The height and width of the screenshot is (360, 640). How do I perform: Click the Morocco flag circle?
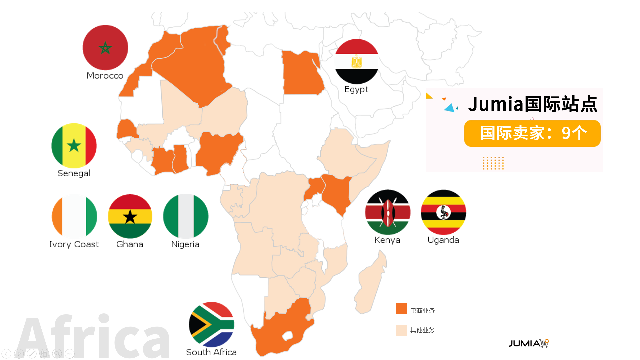pos(105,47)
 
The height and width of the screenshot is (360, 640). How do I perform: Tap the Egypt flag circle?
pos(357,61)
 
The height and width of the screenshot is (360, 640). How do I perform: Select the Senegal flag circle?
pos(74,146)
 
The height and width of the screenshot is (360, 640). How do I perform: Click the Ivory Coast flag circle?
pos(74,216)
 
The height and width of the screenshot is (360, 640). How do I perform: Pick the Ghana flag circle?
pos(130,216)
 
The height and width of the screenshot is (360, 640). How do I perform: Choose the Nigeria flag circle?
pos(186,216)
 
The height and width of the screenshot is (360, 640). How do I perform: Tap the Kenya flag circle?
pos(388,212)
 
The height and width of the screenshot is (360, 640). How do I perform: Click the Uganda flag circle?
pos(443,212)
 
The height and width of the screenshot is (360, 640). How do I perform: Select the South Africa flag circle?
pos(211,324)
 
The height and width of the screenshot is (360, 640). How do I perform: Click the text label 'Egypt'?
pos(356,89)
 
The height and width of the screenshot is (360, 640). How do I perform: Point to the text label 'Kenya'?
pos(387,240)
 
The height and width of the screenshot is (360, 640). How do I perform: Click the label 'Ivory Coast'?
pos(74,244)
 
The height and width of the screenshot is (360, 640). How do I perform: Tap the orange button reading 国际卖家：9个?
pos(532,133)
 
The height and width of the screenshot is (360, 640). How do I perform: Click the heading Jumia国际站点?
pos(532,104)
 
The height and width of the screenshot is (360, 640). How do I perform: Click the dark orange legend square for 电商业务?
pos(401,309)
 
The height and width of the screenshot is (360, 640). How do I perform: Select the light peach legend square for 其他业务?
pos(401,330)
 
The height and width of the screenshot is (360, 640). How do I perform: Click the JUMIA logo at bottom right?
pos(529,343)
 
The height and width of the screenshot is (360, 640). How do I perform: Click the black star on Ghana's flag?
pos(130,217)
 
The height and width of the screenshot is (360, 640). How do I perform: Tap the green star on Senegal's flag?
pos(74,146)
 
